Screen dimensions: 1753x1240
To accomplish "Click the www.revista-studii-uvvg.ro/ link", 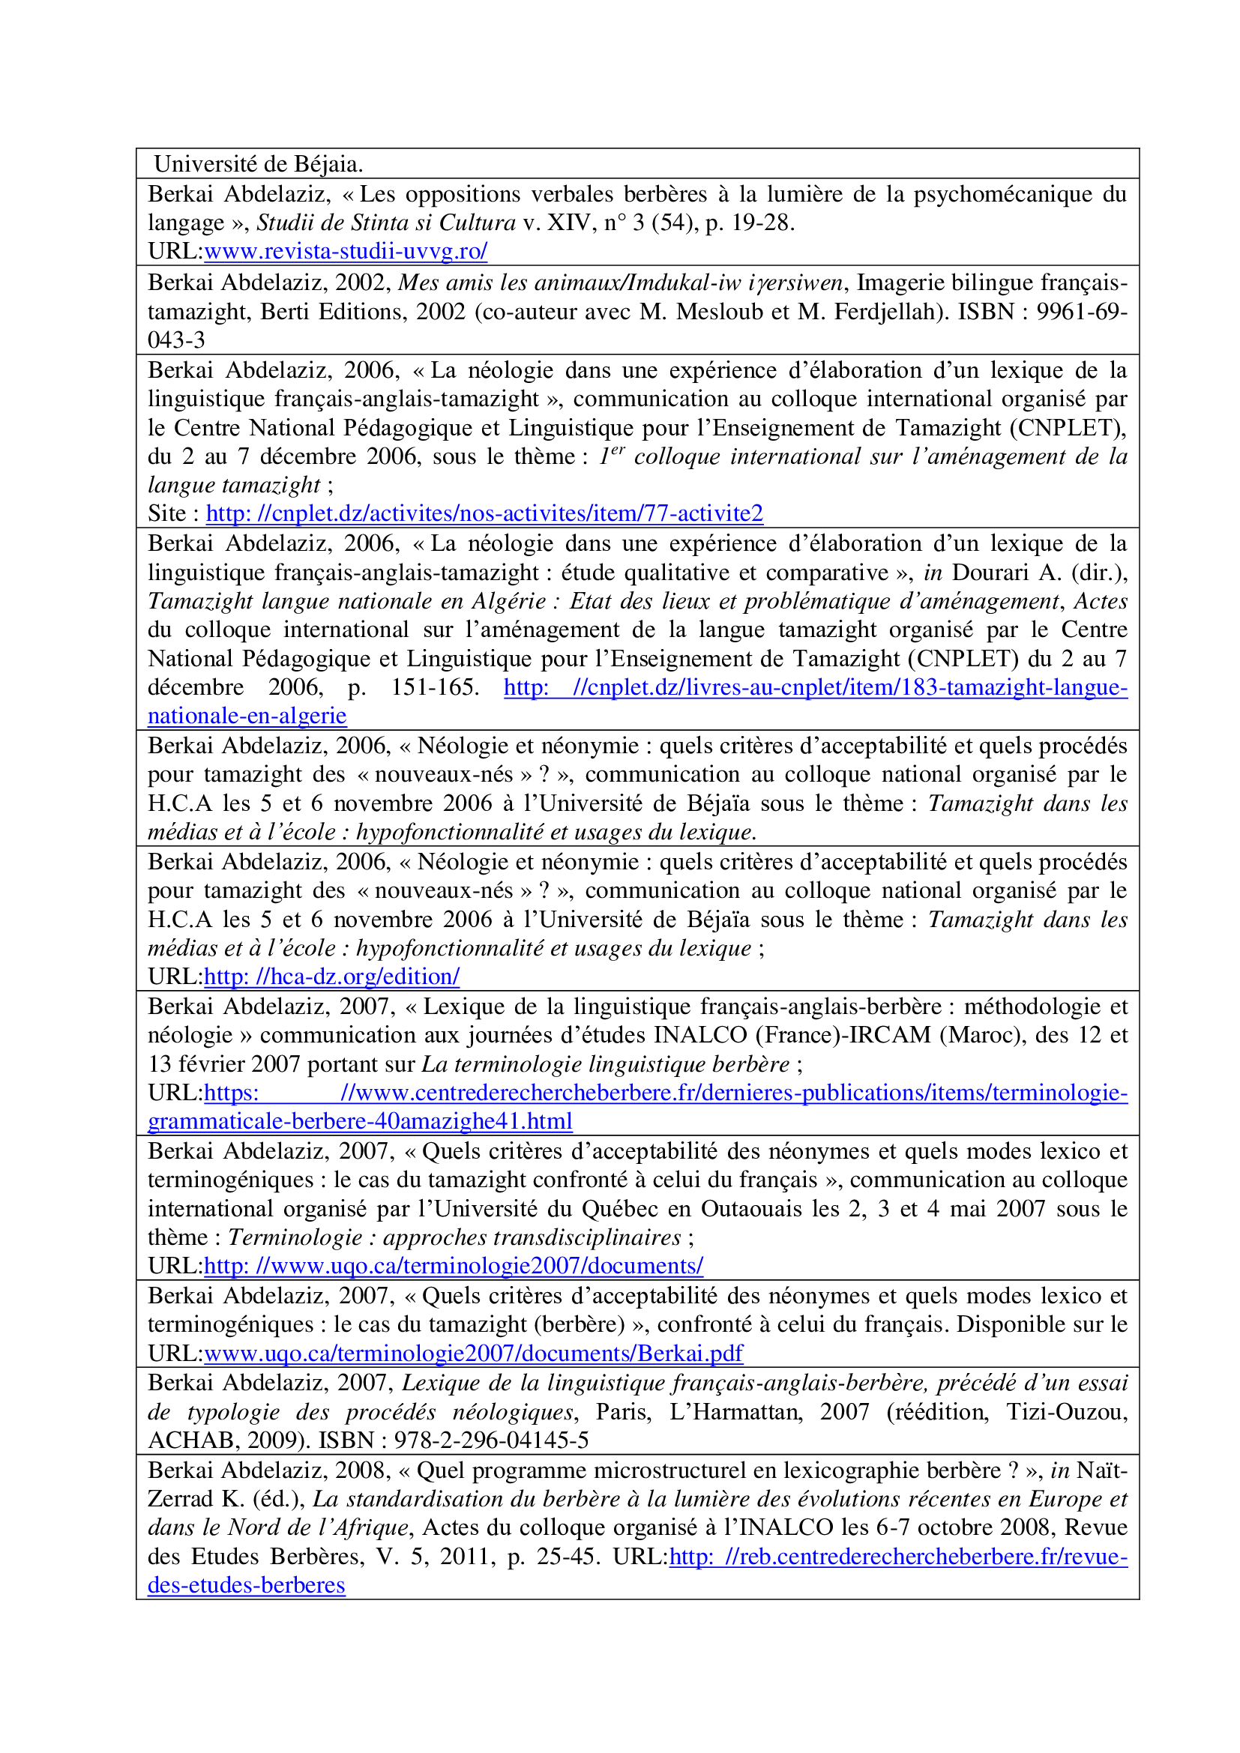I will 345,251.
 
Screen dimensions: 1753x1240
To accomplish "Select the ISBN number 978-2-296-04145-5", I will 491,1440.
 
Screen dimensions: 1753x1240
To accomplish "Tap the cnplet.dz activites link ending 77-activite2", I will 484,513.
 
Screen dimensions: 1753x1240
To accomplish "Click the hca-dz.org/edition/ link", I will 331,977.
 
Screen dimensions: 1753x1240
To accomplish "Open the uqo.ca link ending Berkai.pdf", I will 473,1353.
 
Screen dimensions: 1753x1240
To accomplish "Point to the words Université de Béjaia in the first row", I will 258,164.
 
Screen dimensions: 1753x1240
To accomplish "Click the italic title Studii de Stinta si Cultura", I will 386,223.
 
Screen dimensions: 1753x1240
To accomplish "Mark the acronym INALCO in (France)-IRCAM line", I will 700,1034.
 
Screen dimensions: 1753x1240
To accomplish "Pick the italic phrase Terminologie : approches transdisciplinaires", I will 454,1237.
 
